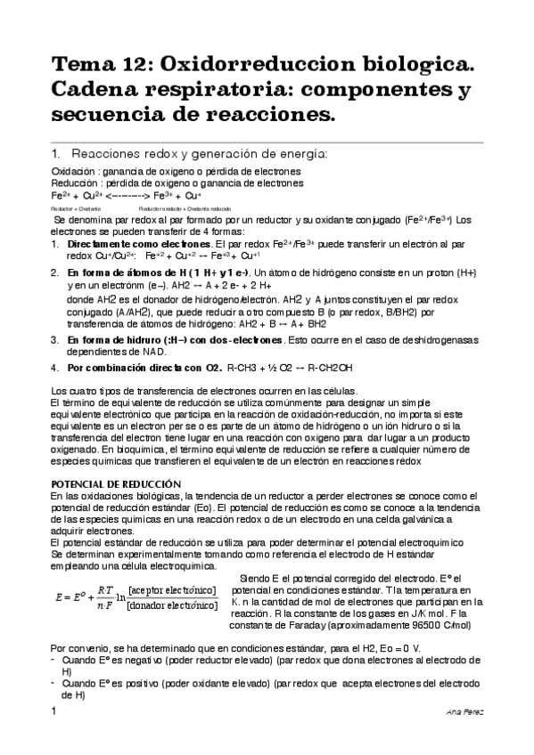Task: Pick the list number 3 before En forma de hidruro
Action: tap(54, 340)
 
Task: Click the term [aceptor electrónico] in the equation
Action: tap(171, 590)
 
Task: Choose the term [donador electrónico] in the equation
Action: tap(171, 606)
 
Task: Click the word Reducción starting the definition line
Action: tap(74, 183)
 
